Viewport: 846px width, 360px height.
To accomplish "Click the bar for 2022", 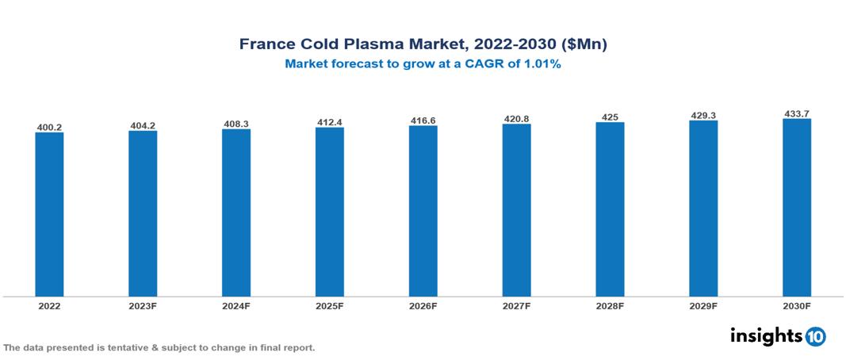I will click(x=49, y=214).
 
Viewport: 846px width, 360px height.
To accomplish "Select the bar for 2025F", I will click(x=329, y=212).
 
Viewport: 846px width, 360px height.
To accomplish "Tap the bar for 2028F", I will click(x=610, y=209).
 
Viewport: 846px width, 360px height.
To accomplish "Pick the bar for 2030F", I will click(x=796, y=208).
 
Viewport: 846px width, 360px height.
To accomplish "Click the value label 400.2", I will click(x=49, y=127).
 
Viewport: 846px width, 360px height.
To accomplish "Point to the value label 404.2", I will click(x=143, y=125).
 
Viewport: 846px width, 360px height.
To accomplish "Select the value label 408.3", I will click(x=236, y=124).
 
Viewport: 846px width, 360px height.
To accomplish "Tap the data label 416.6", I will click(x=423, y=121).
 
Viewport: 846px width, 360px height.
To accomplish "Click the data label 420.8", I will click(x=516, y=119).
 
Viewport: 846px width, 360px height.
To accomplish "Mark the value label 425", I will click(x=610, y=117).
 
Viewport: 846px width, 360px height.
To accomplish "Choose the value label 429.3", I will click(x=703, y=116).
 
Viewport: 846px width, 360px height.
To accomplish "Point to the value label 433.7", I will click(x=796, y=114).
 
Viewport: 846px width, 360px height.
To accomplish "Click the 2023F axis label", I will click(x=143, y=305).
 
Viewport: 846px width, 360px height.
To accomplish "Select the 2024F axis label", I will click(x=236, y=305).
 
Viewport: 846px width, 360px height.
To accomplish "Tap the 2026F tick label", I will click(x=423, y=305).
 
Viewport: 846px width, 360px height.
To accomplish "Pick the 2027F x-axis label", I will click(x=516, y=305).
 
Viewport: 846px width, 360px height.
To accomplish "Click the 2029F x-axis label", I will click(x=703, y=305).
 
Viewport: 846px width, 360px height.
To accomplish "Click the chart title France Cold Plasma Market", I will click(x=423, y=44).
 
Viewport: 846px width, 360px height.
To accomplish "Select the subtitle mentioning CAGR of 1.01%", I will click(x=423, y=64).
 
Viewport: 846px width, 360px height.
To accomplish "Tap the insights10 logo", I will click(x=777, y=336).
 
